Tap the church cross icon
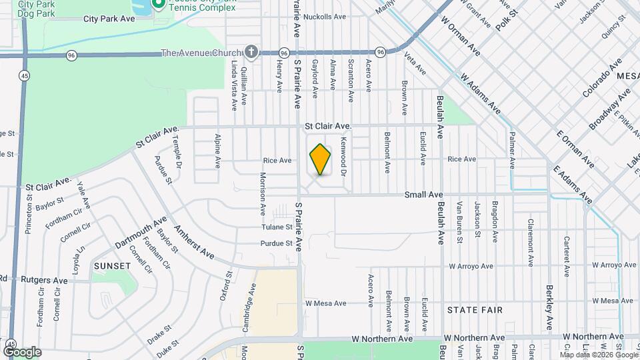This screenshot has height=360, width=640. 251,51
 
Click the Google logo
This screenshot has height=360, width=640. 22,351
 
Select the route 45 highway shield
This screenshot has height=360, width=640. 24,75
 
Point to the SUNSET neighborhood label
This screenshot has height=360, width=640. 112,265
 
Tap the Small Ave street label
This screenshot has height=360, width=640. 424,195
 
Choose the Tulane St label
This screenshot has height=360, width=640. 277,227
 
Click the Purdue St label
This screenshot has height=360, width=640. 276,243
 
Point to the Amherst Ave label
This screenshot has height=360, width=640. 194,242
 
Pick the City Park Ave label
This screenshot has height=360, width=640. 109,19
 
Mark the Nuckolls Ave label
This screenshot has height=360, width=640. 325,17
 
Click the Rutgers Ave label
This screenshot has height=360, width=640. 44,281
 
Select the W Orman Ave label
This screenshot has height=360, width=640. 460,33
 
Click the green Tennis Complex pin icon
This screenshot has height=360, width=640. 159,4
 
